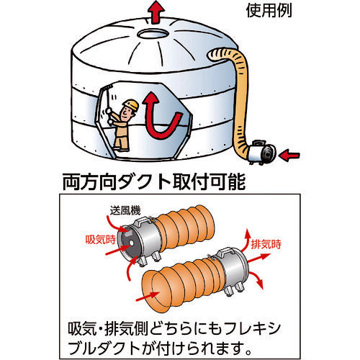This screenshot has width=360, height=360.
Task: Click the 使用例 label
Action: click(x=269, y=11)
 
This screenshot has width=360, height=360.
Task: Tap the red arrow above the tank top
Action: click(x=156, y=12)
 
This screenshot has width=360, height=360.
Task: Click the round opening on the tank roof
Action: click(x=153, y=34)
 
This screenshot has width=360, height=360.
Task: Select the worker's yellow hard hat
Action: click(x=131, y=104)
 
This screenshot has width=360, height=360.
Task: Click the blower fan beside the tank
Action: click(x=262, y=152)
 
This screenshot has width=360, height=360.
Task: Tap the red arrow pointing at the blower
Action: click(x=290, y=156)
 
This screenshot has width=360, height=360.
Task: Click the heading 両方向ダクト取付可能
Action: click(x=154, y=182)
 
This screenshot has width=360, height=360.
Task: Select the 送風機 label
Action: click(x=125, y=210)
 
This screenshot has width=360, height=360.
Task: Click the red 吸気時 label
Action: click(x=101, y=240)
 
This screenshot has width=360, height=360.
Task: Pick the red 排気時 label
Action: click(x=266, y=244)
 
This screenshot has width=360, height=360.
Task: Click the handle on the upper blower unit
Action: click(x=141, y=222)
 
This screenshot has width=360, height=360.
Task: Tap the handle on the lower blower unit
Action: click(x=225, y=253)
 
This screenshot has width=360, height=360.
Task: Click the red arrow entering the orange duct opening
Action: click(x=148, y=297)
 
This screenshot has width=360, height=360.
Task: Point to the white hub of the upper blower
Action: click(x=131, y=243)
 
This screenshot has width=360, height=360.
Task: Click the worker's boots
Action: click(x=121, y=148)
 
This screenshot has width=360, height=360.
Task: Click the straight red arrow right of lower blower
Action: click(x=258, y=258)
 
